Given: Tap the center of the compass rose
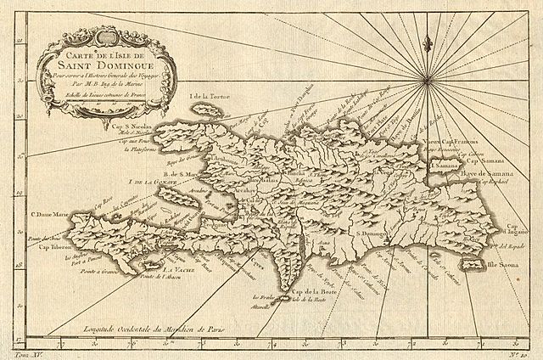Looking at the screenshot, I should (426, 81).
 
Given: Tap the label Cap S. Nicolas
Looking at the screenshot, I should (133, 130).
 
